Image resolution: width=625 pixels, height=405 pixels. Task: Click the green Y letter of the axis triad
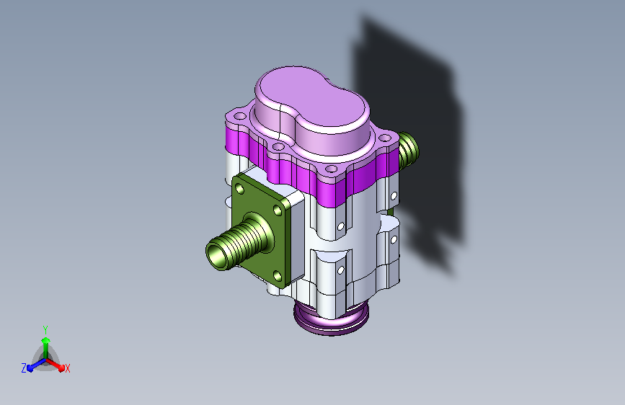(45, 330)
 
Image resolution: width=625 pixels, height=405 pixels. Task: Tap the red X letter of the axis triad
(67, 369)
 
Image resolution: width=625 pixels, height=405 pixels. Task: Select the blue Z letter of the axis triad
(24, 368)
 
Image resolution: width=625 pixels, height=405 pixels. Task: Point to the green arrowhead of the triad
(45, 340)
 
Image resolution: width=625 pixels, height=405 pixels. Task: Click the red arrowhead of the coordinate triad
(61, 368)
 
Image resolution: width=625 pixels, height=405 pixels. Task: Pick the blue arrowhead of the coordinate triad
(30, 368)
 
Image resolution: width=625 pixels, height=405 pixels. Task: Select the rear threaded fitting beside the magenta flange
(408, 149)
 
